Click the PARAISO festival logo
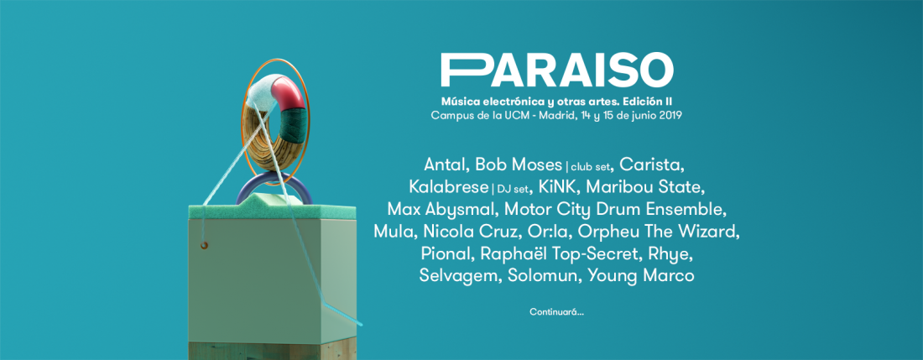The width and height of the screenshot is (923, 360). (557, 70)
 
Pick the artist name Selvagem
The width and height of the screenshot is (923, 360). (458, 275)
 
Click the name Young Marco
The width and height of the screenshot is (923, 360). (641, 275)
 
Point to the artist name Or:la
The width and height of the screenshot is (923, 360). (546, 231)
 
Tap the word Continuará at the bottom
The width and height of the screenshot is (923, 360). (556, 312)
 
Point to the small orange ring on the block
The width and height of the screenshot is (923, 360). (204, 244)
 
